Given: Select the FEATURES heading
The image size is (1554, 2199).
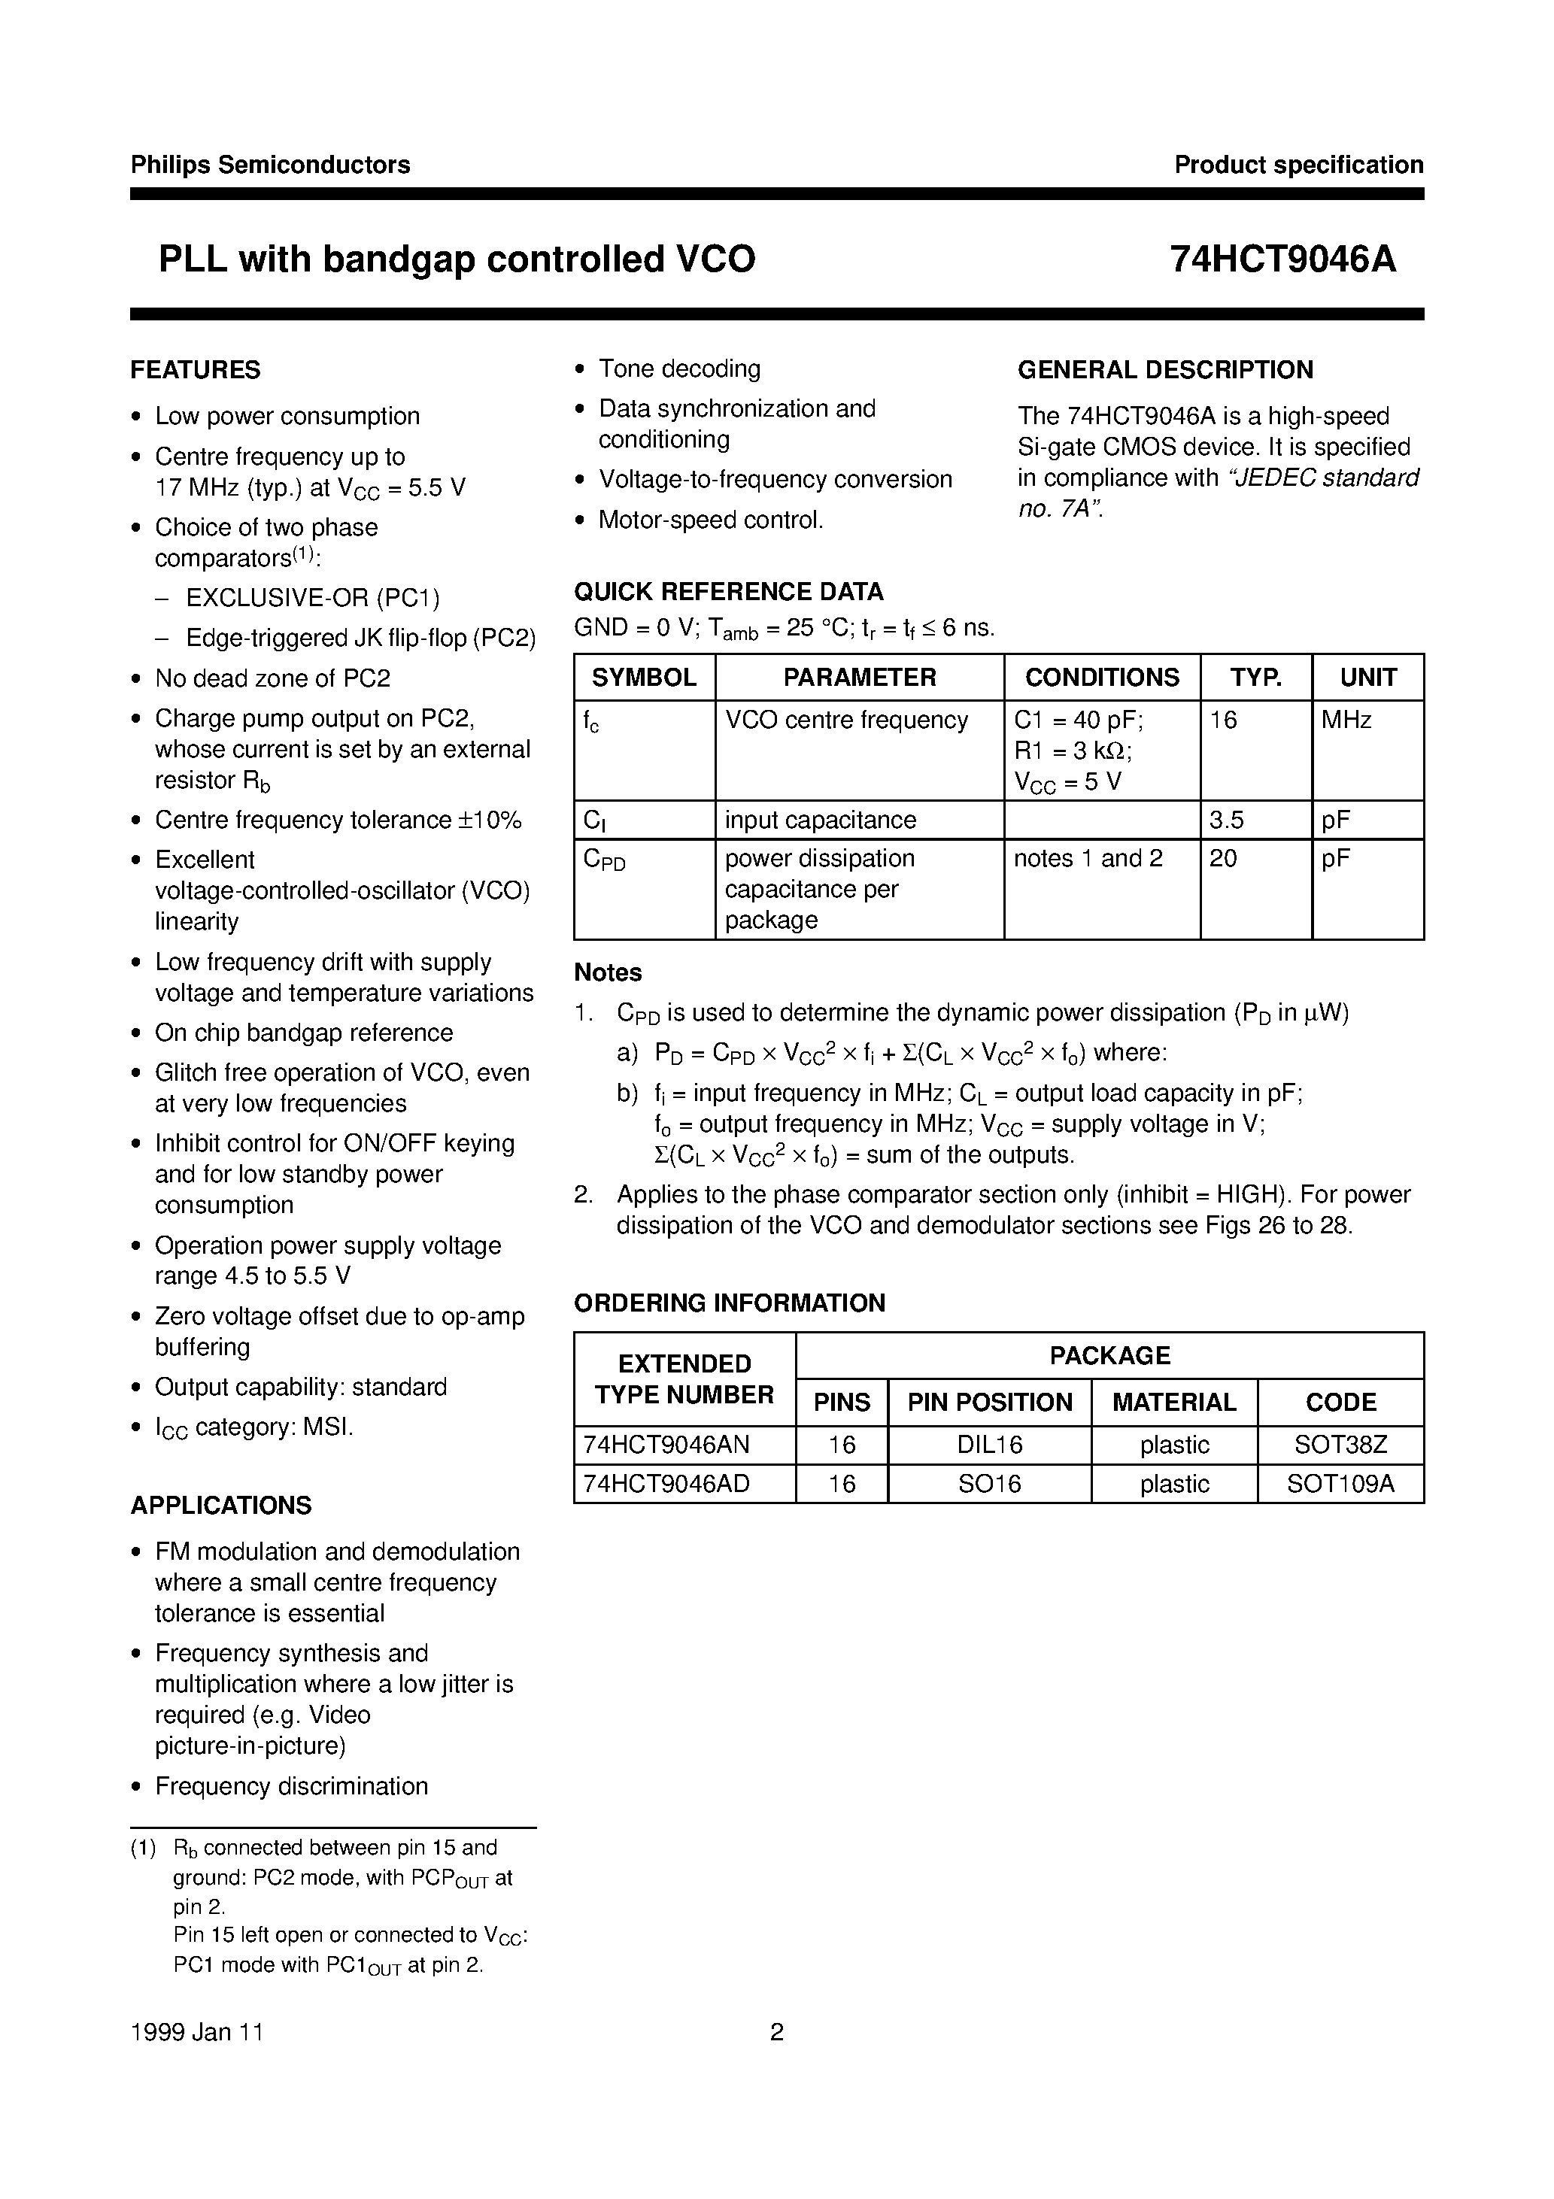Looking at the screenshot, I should point(196,370).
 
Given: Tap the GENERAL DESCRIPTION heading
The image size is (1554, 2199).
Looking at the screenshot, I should point(1165,370).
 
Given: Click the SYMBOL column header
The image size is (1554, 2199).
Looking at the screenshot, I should point(644,677).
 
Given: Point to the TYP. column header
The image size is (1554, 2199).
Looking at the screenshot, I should point(1255,677).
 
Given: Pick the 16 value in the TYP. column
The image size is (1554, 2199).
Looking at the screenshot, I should point(1224,719).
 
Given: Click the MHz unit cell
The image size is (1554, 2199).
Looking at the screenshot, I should point(1346,719).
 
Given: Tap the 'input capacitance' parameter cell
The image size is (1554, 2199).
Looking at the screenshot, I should point(820,820).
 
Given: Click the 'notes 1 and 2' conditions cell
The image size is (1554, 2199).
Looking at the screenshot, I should point(1088,858).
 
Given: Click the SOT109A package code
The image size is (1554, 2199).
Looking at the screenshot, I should point(1340,1484).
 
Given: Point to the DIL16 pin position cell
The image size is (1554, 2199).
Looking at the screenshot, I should point(990,1444).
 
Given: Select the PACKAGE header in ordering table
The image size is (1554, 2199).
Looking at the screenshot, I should point(1109,1355).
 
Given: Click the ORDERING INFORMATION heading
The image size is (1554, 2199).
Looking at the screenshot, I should point(729,1303).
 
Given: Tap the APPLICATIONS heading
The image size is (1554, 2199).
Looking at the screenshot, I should point(221,1506).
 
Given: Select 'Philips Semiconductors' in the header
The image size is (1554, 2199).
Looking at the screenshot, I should point(270,165).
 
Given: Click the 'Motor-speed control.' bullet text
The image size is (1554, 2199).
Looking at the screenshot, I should point(711,520).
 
